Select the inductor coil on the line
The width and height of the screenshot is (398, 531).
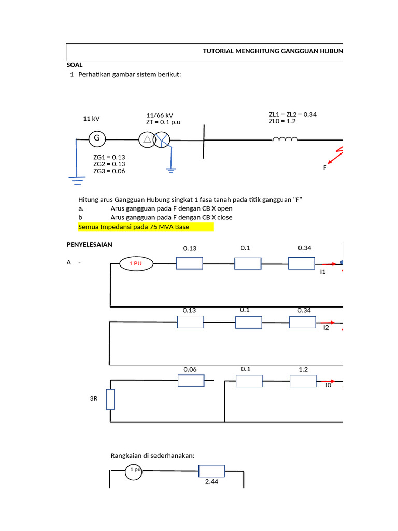[285, 139]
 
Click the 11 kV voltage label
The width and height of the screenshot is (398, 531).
[91, 119]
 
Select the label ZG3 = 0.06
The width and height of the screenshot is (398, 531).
[109, 171]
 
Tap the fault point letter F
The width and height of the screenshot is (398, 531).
[325, 167]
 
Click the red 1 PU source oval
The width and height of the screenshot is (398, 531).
[136, 264]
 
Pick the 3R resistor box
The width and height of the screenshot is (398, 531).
[110, 399]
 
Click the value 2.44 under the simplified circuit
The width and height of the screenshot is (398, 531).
[211, 482]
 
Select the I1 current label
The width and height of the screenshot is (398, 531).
[322, 271]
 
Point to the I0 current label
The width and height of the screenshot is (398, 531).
[328, 386]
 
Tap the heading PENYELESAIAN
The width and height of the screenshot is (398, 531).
[90, 244]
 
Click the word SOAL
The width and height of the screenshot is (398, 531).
[75, 65]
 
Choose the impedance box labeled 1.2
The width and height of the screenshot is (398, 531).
[303, 381]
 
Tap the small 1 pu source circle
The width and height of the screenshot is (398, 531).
[134, 471]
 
